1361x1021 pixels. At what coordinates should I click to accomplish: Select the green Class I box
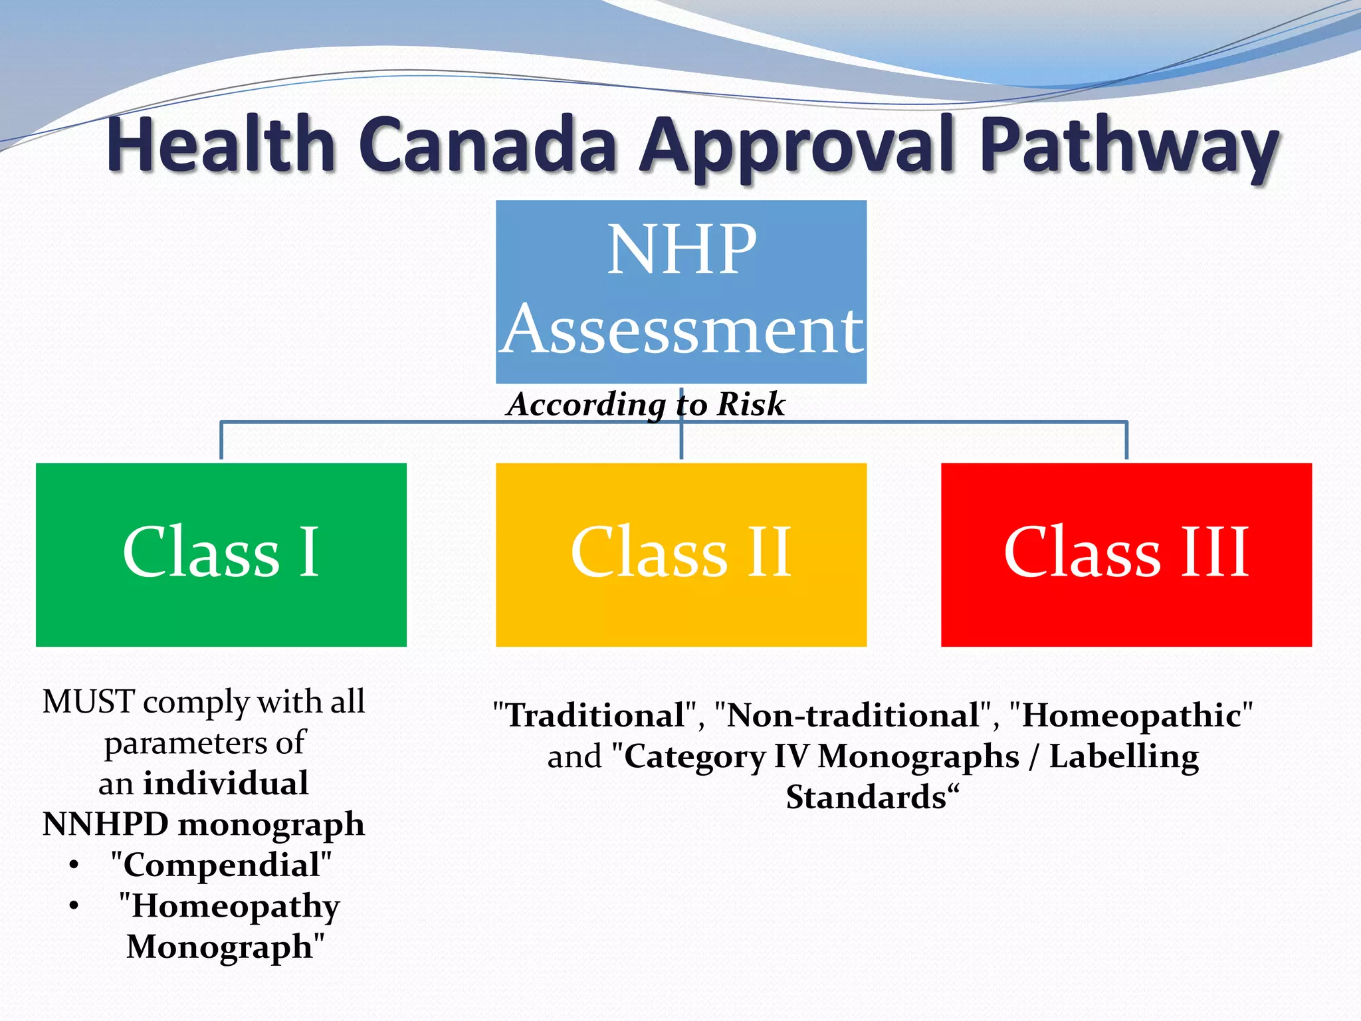pos(221,554)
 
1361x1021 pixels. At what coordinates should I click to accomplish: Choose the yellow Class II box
pos(681,554)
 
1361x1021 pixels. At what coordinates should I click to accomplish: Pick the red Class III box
pos(1126,554)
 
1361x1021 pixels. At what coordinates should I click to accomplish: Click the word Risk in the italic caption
pos(751,404)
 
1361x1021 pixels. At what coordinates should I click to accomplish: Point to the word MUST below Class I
pos(89,702)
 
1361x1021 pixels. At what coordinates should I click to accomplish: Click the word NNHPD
pos(105,824)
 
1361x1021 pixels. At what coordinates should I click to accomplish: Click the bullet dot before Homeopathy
pos(74,906)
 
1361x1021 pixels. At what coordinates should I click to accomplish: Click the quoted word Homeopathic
pos(1130,716)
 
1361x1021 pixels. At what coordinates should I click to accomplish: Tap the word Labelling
pos(1124,757)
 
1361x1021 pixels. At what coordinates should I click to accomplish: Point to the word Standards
pos(866,798)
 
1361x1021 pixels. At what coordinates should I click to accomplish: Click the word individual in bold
pos(226,784)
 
